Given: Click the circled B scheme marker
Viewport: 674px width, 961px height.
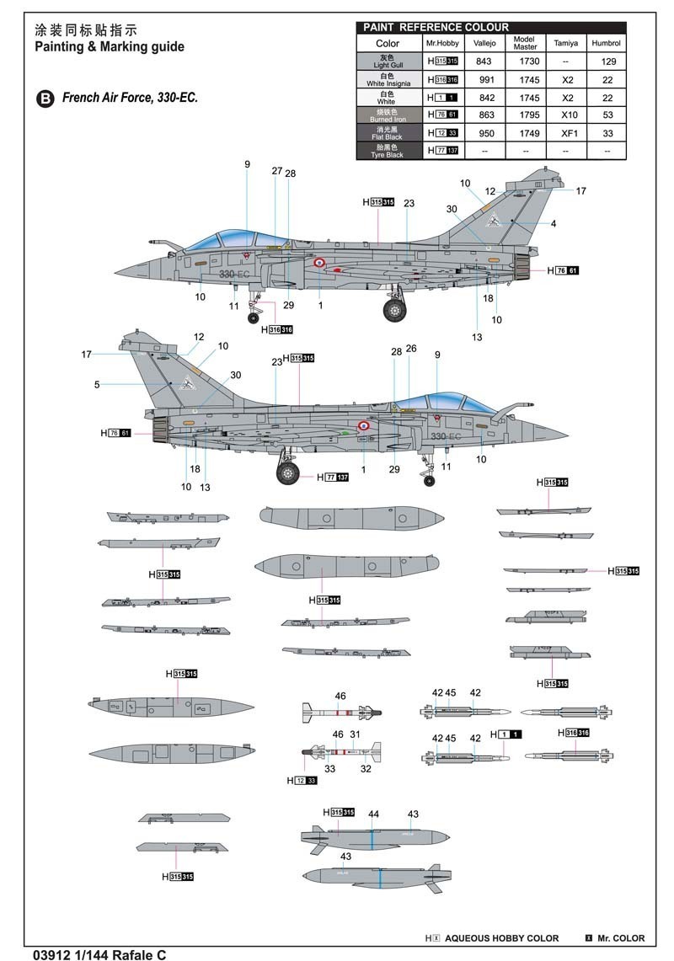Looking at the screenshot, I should [x=44, y=99].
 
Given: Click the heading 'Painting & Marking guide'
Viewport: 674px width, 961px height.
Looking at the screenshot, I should [x=109, y=47].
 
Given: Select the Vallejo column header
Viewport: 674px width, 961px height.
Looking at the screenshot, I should [x=484, y=43].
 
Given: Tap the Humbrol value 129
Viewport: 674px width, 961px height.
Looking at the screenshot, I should [x=607, y=61].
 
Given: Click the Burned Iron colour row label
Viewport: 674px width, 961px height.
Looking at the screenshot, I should [x=388, y=115].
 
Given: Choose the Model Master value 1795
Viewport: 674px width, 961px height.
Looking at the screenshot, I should [x=525, y=115].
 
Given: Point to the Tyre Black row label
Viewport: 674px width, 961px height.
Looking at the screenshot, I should [x=388, y=151].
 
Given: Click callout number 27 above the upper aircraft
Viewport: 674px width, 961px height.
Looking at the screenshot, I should [x=277, y=171].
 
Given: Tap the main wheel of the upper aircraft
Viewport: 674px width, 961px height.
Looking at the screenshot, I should [x=394, y=310].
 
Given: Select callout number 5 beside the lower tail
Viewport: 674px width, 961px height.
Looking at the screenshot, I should [x=97, y=385].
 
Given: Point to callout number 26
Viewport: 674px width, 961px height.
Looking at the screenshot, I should [x=411, y=349].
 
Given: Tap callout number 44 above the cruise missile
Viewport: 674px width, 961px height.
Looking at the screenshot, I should [x=373, y=814].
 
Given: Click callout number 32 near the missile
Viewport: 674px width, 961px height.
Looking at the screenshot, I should [x=366, y=768].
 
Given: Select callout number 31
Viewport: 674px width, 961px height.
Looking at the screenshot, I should [x=355, y=734].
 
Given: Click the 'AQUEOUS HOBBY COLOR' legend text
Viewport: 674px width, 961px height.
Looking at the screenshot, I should [x=501, y=937].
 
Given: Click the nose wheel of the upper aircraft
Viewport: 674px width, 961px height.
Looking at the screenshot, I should [x=254, y=318].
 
